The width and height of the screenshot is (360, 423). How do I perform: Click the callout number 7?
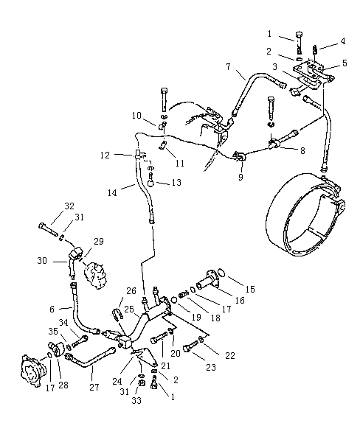tap(229, 66)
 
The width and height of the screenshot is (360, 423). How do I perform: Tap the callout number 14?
tap(112, 192)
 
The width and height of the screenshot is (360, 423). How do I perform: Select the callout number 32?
tap(69, 206)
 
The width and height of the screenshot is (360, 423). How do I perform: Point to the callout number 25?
tap(129, 310)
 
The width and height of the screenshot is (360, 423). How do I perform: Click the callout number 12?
tap(105, 155)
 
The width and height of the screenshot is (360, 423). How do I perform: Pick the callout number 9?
tap(240, 177)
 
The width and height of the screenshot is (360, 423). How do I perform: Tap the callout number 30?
tap(42, 261)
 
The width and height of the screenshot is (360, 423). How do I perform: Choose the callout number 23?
tap(211, 367)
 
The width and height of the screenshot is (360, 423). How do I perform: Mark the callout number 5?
tap(345, 63)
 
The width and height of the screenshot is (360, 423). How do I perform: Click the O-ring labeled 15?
tap(221, 273)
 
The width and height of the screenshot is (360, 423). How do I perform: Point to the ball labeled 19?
tap(174, 300)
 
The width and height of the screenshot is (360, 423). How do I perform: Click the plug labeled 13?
tap(151, 181)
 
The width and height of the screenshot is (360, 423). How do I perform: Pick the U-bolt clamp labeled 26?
tap(117, 314)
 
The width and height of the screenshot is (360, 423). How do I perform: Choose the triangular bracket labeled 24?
tap(144, 357)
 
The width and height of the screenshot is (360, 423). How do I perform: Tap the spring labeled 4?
tap(314, 49)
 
